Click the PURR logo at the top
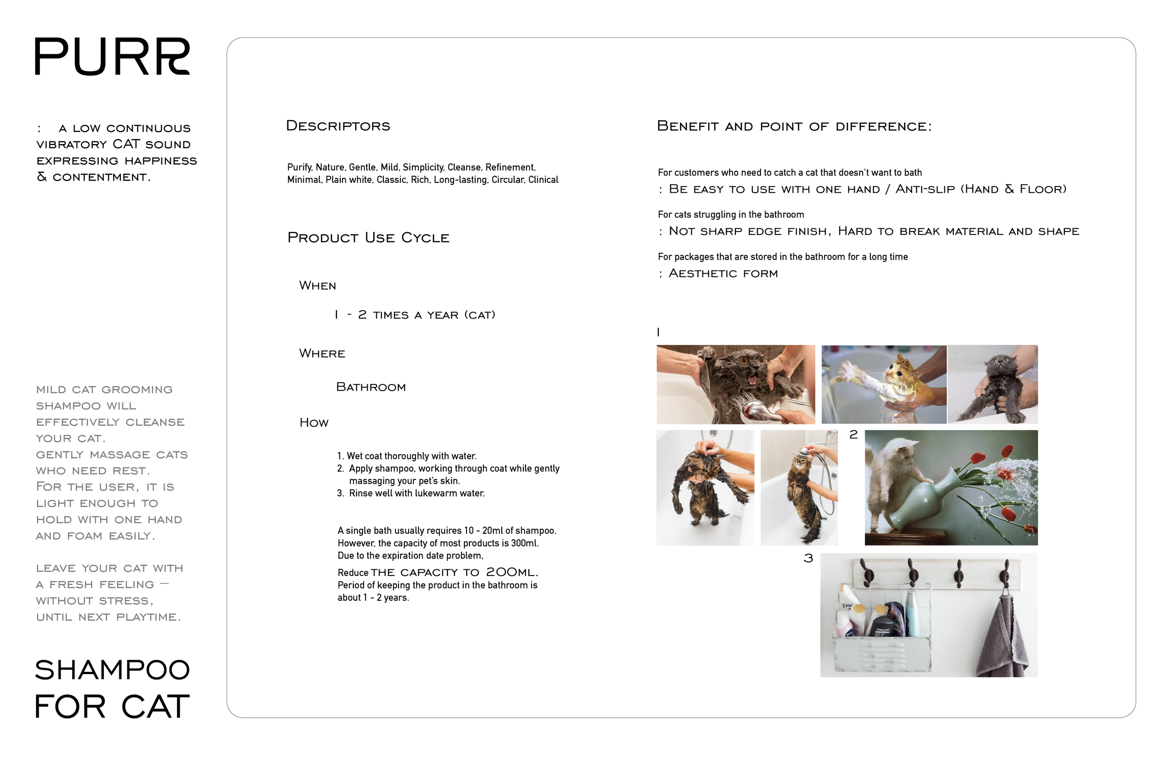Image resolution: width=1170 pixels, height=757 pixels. [x=112, y=57]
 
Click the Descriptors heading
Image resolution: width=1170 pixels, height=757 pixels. [x=338, y=126]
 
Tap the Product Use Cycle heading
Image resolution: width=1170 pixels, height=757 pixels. [x=368, y=238]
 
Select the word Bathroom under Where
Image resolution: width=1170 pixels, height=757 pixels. [x=371, y=387]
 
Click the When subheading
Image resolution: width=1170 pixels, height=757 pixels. [x=318, y=286]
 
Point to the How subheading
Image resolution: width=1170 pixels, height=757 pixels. [x=314, y=423]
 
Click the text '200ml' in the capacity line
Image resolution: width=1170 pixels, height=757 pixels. [x=511, y=572]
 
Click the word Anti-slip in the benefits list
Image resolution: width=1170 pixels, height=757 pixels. [x=925, y=189]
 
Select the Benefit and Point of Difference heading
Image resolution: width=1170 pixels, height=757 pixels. [x=793, y=126]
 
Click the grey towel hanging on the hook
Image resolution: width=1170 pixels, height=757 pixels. [x=1001, y=639]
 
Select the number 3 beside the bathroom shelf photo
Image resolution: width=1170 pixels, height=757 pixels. [x=808, y=559]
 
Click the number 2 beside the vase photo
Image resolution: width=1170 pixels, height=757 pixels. [x=854, y=435]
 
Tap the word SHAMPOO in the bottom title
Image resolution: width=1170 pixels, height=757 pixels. [x=112, y=670]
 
